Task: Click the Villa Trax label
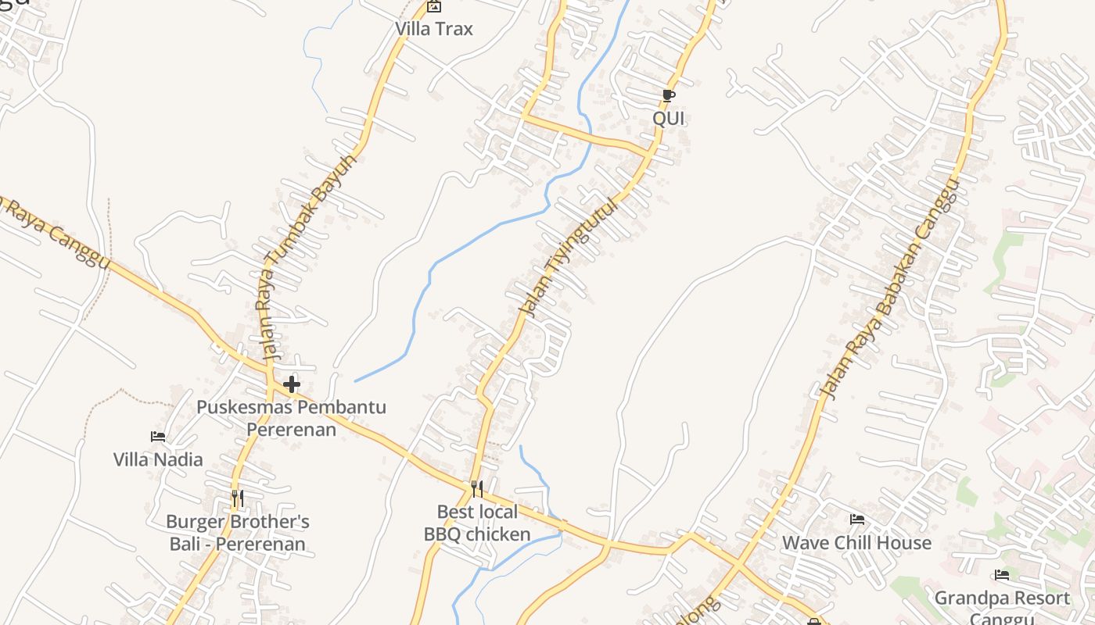coord(434,29)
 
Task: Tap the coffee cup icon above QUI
coord(668,96)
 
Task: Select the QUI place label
coord(669,119)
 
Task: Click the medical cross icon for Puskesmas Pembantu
coord(292,384)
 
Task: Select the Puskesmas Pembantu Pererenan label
coord(291,418)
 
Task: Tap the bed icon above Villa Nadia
coord(158,437)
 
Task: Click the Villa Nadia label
coord(158,459)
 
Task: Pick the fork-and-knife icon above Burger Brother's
coord(237,497)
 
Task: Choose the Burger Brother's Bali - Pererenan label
coord(238,532)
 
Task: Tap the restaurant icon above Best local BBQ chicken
coord(476,489)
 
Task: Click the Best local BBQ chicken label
coord(477,523)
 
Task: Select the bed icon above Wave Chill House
coord(857,520)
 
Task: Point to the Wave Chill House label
coord(857,542)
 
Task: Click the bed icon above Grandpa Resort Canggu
coord(1002,576)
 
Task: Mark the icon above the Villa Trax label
coord(434,7)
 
